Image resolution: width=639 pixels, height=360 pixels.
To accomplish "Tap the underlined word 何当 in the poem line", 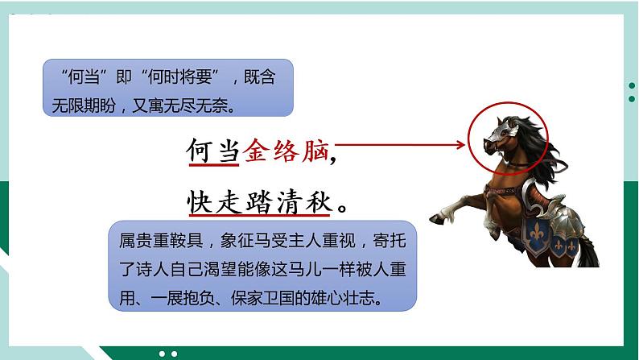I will tap(212, 150).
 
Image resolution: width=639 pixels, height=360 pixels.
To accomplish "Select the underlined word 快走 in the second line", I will tap(212, 202).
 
